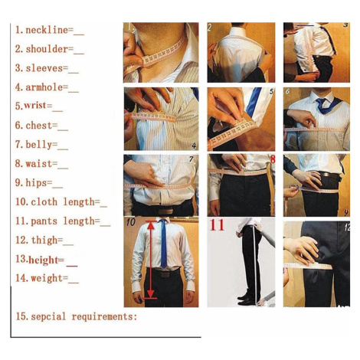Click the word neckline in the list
pyautogui.click(x=47, y=30)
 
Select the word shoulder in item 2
pyautogui.click(x=47, y=49)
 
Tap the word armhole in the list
pyautogui.click(x=44, y=87)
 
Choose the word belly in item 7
pyautogui.click(x=39, y=145)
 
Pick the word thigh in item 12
pyautogui.click(x=44, y=241)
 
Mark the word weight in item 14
pyautogui.click(x=47, y=278)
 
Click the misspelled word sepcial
pyautogui.click(x=48, y=317)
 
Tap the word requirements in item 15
pyautogui.click(x=103, y=316)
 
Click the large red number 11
pyautogui.click(x=217, y=225)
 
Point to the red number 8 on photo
pyautogui.click(x=273, y=159)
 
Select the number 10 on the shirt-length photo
pyautogui.click(x=130, y=222)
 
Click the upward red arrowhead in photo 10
pyautogui.click(x=151, y=225)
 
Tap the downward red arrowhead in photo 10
pyautogui.click(x=151, y=293)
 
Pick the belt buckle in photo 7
pyautogui.click(x=165, y=211)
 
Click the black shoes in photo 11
pyautogui.click(x=246, y=299)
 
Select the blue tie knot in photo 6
pyautogui.click(x=322, y=101)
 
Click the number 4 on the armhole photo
pyautogui.click(x=194, y=146)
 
